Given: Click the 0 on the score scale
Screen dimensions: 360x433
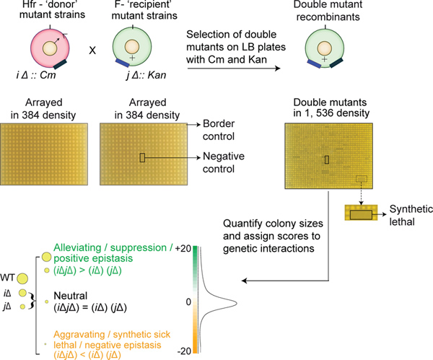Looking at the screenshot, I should (x=189, y=300).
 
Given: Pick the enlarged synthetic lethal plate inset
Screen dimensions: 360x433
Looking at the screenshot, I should (x=359, y=214).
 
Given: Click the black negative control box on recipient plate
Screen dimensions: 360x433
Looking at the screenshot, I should (x=142, y=157).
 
